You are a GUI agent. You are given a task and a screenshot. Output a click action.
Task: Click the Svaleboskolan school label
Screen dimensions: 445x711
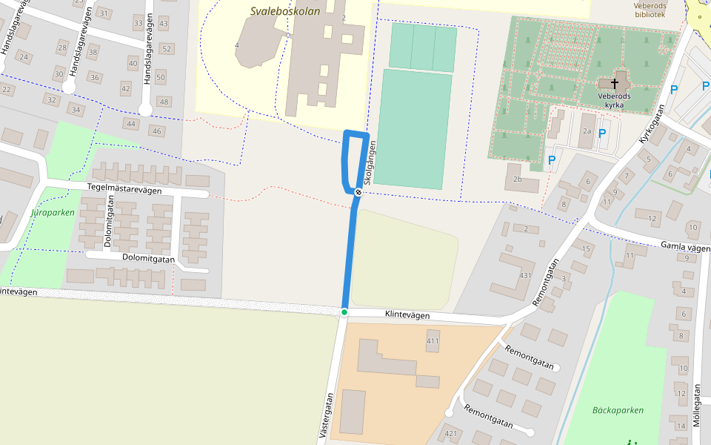pyautogui.click(x=285, y=11)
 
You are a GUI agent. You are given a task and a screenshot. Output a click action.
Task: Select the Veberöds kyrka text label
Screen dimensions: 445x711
pyautogui.click(x=614, y=100)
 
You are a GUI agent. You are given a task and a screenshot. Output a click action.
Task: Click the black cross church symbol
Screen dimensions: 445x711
pyautogui.click(x=614, y=84)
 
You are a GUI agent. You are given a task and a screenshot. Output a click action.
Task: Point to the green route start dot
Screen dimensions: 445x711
pyautogui.click(x=344, y=311)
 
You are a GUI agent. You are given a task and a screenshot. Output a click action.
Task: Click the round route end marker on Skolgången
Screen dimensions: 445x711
pyautogui.click(x=358, y=193)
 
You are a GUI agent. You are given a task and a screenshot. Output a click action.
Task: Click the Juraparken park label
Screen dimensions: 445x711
pyautogui.click(x=53, y=212)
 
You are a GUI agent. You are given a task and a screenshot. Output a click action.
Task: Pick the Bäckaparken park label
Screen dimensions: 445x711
pyautogui.click(x=618, y=410)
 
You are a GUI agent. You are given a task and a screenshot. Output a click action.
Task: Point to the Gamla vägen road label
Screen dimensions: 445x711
pyautogui.click(x=684, y=246)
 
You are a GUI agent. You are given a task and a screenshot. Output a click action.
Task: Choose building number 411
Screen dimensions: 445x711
pyautogui.click(x=433, y=340)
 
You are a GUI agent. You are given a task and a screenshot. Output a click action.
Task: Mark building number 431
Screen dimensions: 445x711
pyautogui.click(x=526, y=275)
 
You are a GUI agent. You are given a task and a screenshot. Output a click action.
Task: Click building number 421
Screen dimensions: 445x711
pyautogui.click(x=450, y=433)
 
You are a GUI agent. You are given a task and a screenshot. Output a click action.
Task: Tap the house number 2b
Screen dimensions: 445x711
pyautogui.click(x=516, y=179)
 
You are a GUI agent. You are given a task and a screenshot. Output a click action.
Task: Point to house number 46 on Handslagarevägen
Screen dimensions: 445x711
pyautogui.click(x=156, y=131)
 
